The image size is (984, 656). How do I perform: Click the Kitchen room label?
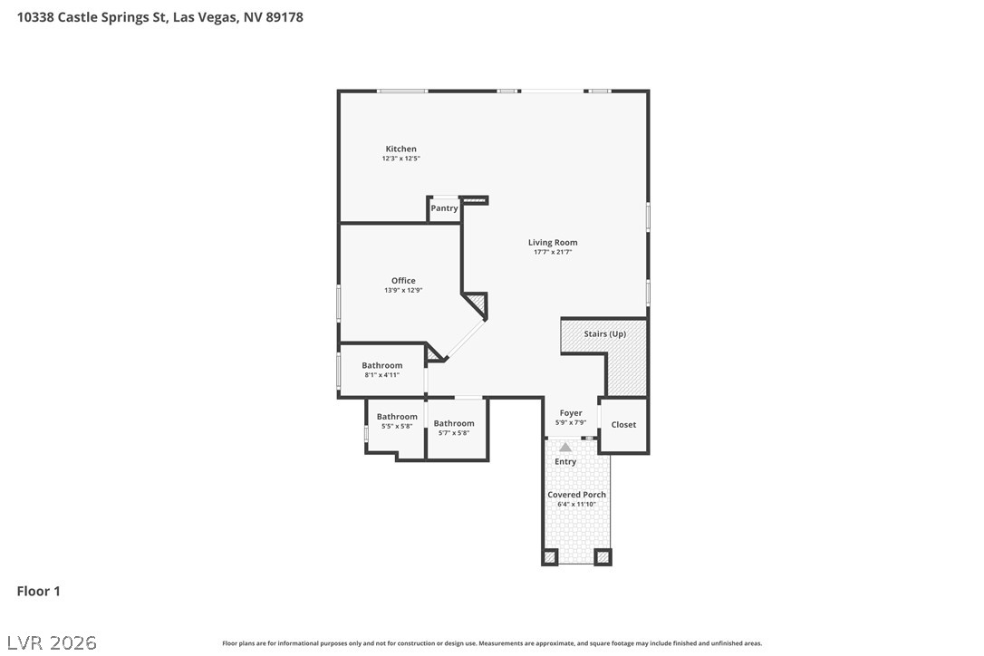[x=401, y=149]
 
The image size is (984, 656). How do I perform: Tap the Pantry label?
[x=444, y=208]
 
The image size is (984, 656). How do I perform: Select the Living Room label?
[x=553, y=242]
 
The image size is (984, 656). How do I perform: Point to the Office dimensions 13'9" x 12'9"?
[x=403, y=290]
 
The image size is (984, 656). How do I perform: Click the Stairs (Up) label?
[x=605, y=334]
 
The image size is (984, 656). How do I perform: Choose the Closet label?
[x=623, y=424]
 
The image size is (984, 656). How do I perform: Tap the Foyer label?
[x=571, y=413]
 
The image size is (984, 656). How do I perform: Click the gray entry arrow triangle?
[x=565, y=447]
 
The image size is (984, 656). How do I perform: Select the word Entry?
[x=565, y=461]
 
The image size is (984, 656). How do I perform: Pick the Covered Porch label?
[x=577, y=495]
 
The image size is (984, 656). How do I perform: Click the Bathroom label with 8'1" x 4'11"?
[x=382, y=365]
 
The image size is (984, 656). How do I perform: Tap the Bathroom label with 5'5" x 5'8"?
[x=397, y=416]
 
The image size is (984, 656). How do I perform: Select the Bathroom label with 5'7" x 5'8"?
[x=454, y=423]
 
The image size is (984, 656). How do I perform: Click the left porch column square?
[x=550, y=557]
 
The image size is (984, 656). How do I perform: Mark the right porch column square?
[x=603, y=557]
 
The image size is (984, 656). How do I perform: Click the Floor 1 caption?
[x=38, y=592]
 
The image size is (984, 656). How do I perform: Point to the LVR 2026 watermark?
[x=52, y=642]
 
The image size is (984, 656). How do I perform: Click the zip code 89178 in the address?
[x=285, y=17]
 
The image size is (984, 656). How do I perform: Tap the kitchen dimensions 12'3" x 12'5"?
[x=401, y=159]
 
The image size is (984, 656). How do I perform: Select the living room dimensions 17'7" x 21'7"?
[x=553, y=252]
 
